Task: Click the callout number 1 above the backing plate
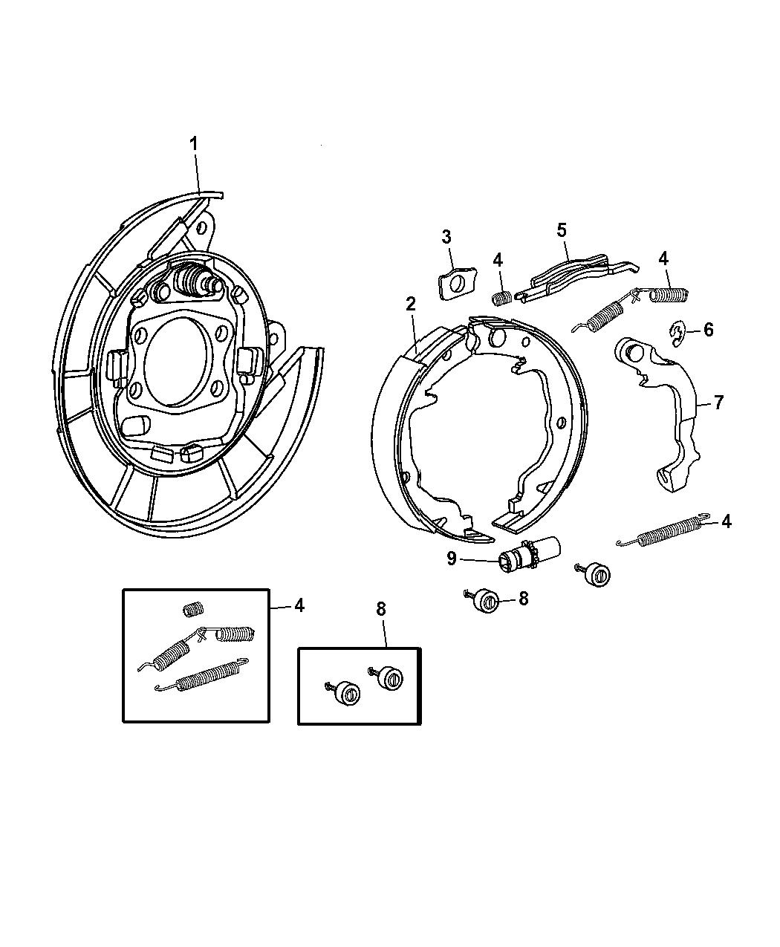point(194,143)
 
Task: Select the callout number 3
point(446,237)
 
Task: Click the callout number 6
point(708,329)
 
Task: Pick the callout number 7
point(718,403)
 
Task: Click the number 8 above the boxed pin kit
point(381,609)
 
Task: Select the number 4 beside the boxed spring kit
point(299,605)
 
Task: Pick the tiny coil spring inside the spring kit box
point(193,610)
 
